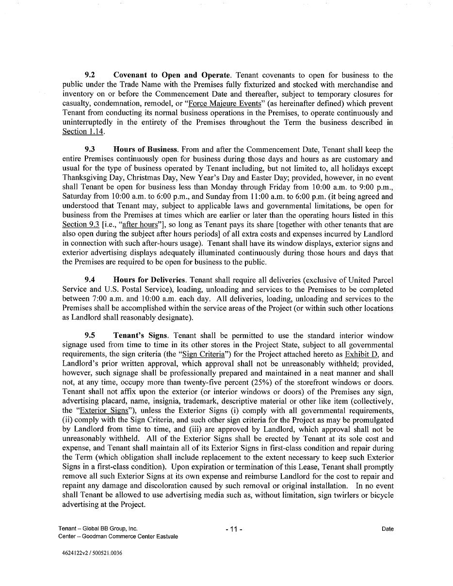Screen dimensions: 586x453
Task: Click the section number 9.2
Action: pos(90,75)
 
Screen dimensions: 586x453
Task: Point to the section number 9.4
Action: pos(90,280)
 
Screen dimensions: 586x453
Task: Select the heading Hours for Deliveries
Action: pos(149,280)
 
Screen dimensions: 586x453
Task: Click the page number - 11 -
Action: pos(234,529)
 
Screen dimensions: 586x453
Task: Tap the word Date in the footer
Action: pos(387,529)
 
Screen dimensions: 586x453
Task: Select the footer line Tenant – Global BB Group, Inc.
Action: pos(98,529)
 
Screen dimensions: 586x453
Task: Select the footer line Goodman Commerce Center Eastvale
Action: pos(118,537)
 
